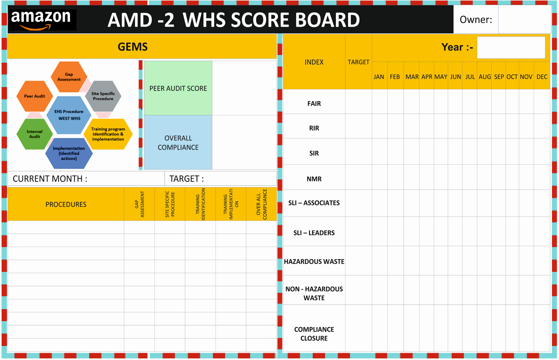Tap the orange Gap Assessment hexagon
click(69, 77)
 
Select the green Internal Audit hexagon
click(34, 134)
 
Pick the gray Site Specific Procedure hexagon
click(103, 96)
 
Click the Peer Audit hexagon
click(34, 96)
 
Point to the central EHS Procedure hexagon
click(69, 115)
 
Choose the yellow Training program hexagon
click(108, 134)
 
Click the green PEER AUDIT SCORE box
click(178, 88)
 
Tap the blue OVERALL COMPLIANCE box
click(178, 142)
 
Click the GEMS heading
click(133, 47)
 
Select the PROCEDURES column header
click(66, 204)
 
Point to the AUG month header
click(485, 77)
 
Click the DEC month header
click(542, 77)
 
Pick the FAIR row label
click(314, 104)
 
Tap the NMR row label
click(314, 179)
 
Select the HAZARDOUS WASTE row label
click(314, 262)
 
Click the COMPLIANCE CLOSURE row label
click(314, 334)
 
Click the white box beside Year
click(511, 47)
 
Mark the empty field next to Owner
click(525, 19)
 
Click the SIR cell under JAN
click(379, 152)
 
